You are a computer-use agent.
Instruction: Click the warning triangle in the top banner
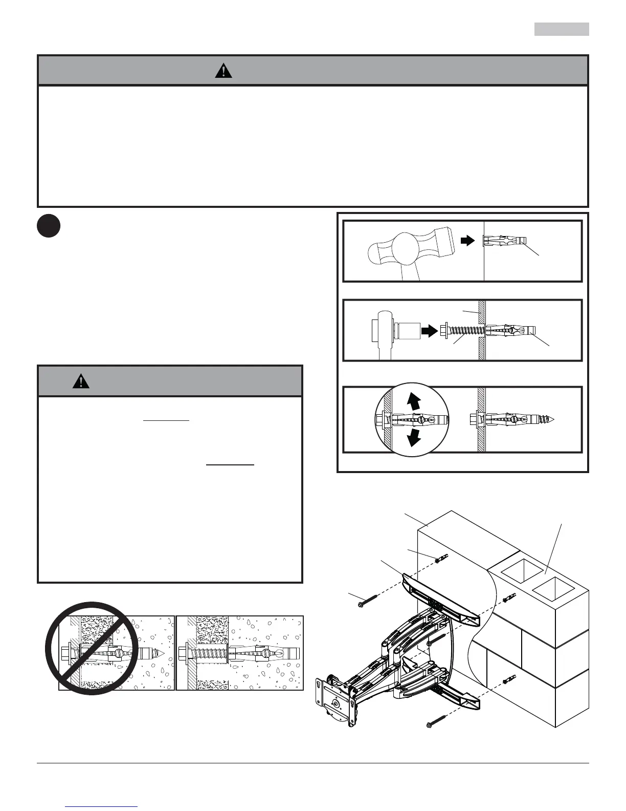click(x=223, y=71)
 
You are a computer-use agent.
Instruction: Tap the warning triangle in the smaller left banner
click(x=81, y=381)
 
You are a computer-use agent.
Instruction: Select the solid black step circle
click(x=49, y=226)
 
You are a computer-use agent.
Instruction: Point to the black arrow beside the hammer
click(x=467, y=241)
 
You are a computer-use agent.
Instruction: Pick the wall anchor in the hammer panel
click(x=504, y=240)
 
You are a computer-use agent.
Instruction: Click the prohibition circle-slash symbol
click(x=92, y=648)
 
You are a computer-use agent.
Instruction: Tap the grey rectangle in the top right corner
click(x=562, y=29)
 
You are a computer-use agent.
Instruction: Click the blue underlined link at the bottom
click(x=102, y=807)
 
